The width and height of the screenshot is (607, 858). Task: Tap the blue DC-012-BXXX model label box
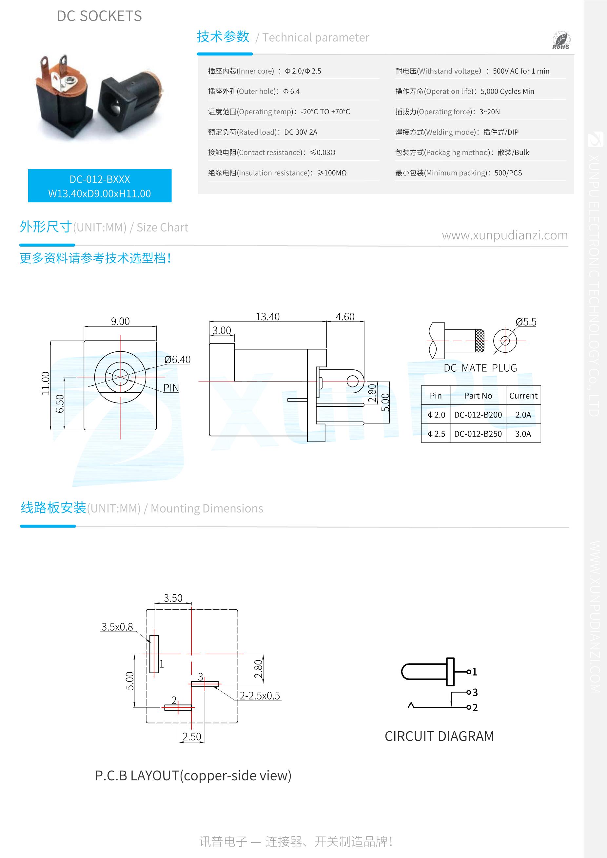[100, 186]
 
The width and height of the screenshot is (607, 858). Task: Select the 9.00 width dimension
[120, 321]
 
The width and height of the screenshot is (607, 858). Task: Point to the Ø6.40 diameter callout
[177, 360]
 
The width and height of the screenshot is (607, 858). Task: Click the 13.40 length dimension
[267, 317]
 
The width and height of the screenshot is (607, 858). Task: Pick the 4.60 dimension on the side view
[345, 317]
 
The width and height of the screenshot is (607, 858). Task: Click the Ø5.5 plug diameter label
[525, 322]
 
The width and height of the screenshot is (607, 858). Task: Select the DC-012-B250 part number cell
[478, 434]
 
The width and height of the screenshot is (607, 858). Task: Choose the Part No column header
[478, 396]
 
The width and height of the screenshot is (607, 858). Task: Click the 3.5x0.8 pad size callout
[117, 627]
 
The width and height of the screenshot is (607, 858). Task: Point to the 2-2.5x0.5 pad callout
[260, 696]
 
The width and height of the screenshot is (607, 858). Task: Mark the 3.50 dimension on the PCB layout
[173, 598]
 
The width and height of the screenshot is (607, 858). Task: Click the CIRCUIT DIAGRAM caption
[439, 736]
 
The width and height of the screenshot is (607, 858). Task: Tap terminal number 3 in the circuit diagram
[475, 692]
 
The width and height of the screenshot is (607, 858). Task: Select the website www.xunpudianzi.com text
[504, 235]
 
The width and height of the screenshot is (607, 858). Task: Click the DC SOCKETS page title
[100, 16]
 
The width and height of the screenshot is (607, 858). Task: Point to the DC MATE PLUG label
[480, 368]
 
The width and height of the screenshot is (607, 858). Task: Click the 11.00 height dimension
[45, 383]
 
